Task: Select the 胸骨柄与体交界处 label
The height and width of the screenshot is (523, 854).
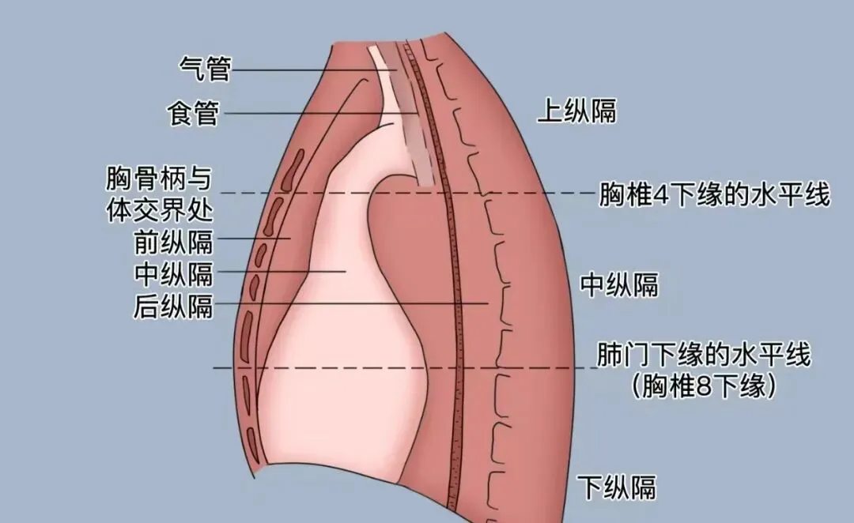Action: [x=159, y=194]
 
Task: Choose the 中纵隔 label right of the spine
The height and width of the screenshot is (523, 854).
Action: [x=619, y=284]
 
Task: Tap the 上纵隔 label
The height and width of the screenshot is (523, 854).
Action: [x=576, y=111]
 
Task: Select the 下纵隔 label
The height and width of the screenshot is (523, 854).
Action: [x=616, y=486]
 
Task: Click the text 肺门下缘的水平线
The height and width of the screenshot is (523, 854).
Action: [x=704, y=355]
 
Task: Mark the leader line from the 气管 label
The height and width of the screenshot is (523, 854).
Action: [x=316, y=70]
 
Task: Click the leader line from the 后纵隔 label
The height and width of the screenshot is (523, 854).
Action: [x=356, y=303]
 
